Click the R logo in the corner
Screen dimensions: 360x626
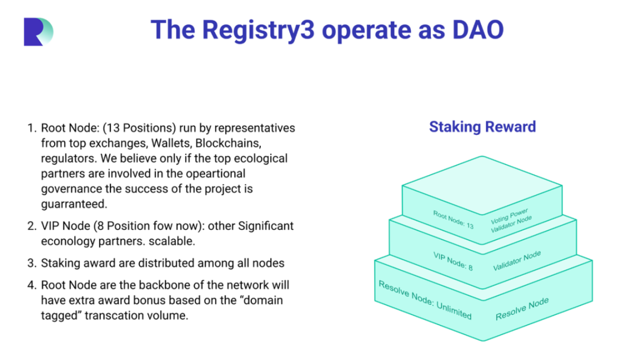pyautogui.click(x=38, y=31)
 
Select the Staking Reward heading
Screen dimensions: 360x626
pyautogui.click(x=482, y=127)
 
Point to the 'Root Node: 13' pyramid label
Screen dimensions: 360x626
pyautogui.click(x=453, y=219)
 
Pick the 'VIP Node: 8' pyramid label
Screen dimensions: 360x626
pyautogui.click(x=453, y=261)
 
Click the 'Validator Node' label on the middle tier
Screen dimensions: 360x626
pyautogui.click(x=517, y=261)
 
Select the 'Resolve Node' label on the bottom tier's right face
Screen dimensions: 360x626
pyautogui.click(x=522, y=309)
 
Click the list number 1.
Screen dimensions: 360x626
pyautogui.click(x=31, y=128)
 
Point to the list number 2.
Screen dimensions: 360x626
pyautogui.click(x=31, y=226)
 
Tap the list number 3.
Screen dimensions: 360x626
pyautogui.click(x=31, y=262)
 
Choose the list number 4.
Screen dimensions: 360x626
pyautogui.click(x=31, y=285)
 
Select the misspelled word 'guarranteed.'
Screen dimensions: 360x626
pyautogui.click(x=73, y=205)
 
